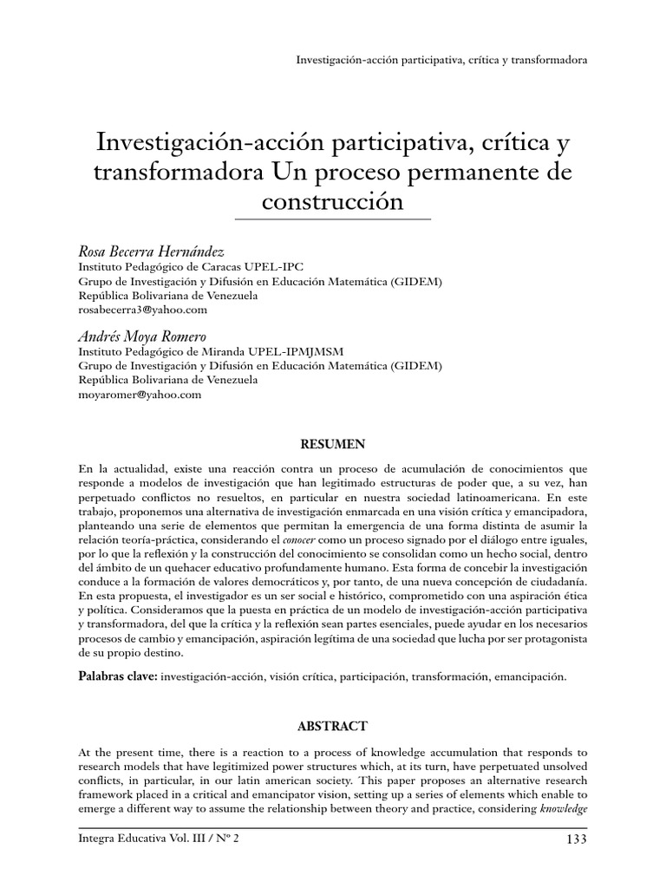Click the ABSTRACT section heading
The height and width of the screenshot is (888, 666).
[333, 726]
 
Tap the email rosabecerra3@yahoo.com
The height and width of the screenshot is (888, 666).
[143, 309]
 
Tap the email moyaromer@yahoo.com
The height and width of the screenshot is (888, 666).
[140, 394]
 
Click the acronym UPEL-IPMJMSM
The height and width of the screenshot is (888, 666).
[309, 352]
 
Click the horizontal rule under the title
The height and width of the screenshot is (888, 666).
[333, 220]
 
